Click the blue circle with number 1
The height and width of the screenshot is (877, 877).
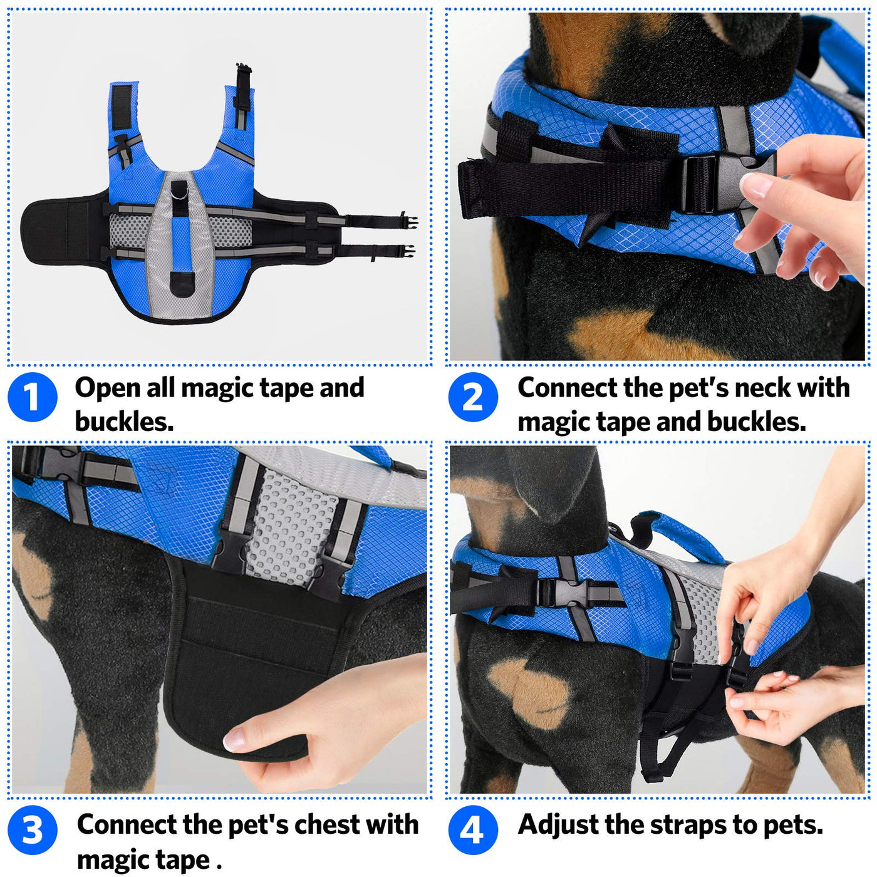pos(33,397)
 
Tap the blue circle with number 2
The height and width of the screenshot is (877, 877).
pos(473,397)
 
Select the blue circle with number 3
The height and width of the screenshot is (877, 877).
pos(33,830)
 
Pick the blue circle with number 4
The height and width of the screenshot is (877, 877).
pos(473,830)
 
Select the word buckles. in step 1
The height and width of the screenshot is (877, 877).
pos(124,422)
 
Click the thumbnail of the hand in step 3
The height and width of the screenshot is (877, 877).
pos(235,739)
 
